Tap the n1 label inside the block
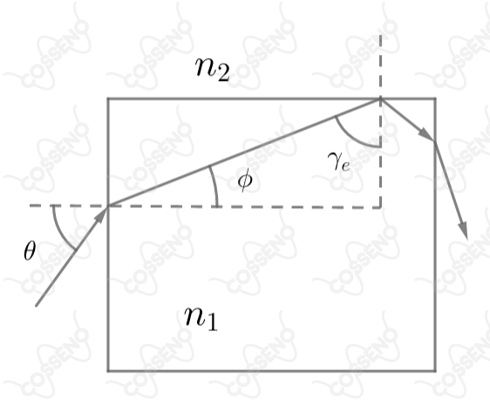pos(201,318)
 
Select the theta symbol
pos(30,251)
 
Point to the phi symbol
pos(245,181)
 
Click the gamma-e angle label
pos(339,162)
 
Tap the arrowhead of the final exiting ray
pos(463,231)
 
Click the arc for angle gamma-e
pos(352,138)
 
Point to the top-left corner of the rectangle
pos(108,99)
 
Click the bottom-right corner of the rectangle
pos(435,371)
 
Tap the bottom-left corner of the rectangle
pos(108,371)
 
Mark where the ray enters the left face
pos(108,205)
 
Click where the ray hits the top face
pos(380,99)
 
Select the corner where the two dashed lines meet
pos(381,207)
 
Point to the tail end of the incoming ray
pos(37,306)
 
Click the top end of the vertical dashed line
pos(380,35)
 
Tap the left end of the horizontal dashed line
pos(30,205)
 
